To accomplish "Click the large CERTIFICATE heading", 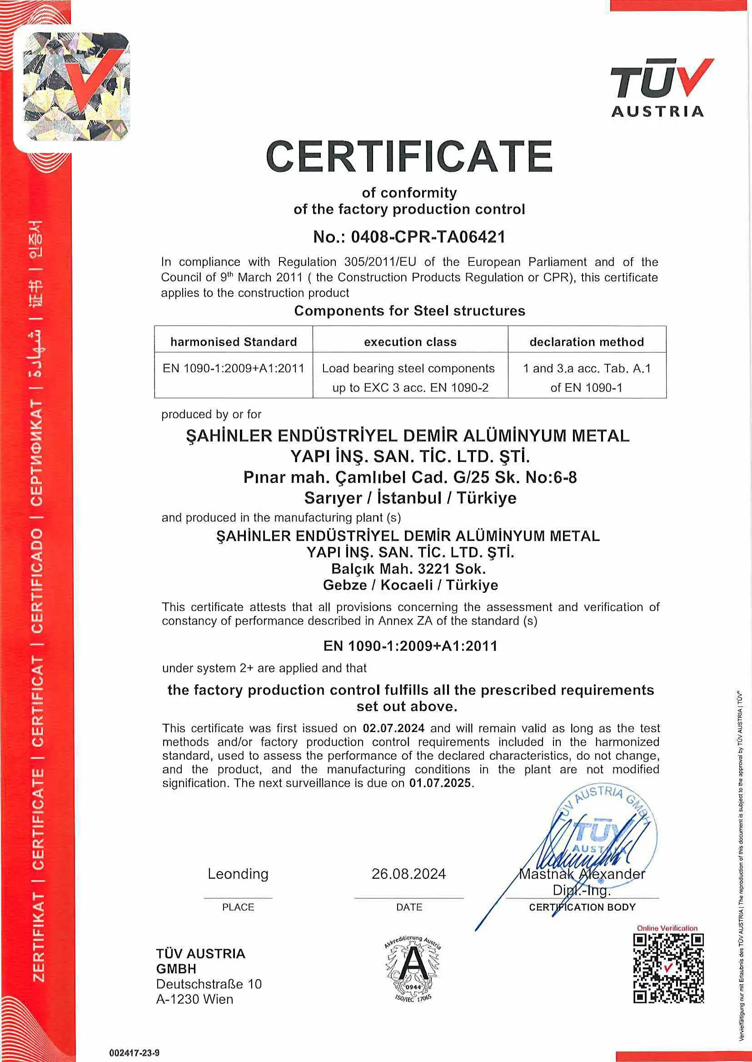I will point(409,156).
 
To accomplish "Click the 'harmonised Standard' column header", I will point(234,342).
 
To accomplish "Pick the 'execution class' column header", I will point(410,342).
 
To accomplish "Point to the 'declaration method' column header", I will point(587,342).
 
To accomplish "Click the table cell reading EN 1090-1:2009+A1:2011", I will point(234,368).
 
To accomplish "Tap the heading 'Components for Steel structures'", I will point(410,311).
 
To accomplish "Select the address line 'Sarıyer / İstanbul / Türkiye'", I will point(410,498).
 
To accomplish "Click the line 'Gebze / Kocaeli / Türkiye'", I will point(410,585).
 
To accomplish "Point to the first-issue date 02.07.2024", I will point(393,728).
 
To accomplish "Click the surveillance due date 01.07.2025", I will point(440,782).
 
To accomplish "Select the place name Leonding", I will point(238,873).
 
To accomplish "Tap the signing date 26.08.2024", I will point(409,873).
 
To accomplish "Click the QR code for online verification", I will point(669,968).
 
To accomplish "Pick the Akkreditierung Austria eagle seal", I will point(413,967).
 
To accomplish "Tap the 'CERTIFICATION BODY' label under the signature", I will point(582,907).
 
